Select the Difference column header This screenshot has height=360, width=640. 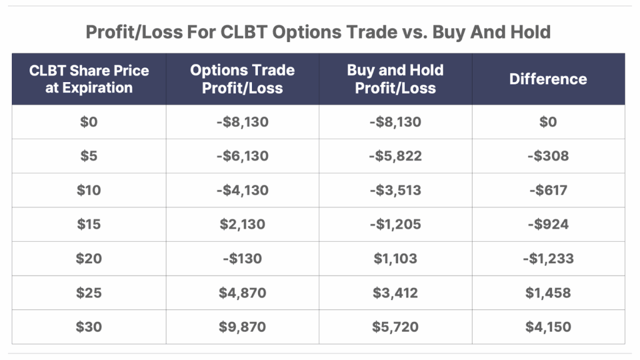tap(548, 79)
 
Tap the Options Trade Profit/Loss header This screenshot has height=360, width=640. tap(242, 79)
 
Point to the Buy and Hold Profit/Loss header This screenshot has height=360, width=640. tap(395, 79)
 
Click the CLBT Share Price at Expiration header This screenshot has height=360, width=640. tap(89, 79)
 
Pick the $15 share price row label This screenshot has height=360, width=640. tap(89, 224)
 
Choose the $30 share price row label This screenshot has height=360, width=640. tap(89, 327)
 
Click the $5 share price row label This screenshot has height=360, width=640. tap(89, 156)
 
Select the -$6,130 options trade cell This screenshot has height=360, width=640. tap(242, 156)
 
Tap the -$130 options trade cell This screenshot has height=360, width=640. tap(242, 258)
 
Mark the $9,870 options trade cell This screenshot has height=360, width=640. tap(242, 327)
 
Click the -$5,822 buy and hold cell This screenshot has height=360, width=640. tap(395, 156)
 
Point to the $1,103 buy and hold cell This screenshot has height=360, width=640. tap(395, 258)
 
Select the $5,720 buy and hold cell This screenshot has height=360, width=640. tap(395, 327)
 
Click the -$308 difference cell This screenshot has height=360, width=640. tap(548, 156)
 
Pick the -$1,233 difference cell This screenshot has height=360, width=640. tap(548, 258)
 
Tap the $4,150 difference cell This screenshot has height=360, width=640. tap(548, 327)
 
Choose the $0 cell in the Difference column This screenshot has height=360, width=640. tap(548, 122)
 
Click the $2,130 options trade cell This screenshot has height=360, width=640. tap(242, 224)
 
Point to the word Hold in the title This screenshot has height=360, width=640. tap(531, 32)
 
